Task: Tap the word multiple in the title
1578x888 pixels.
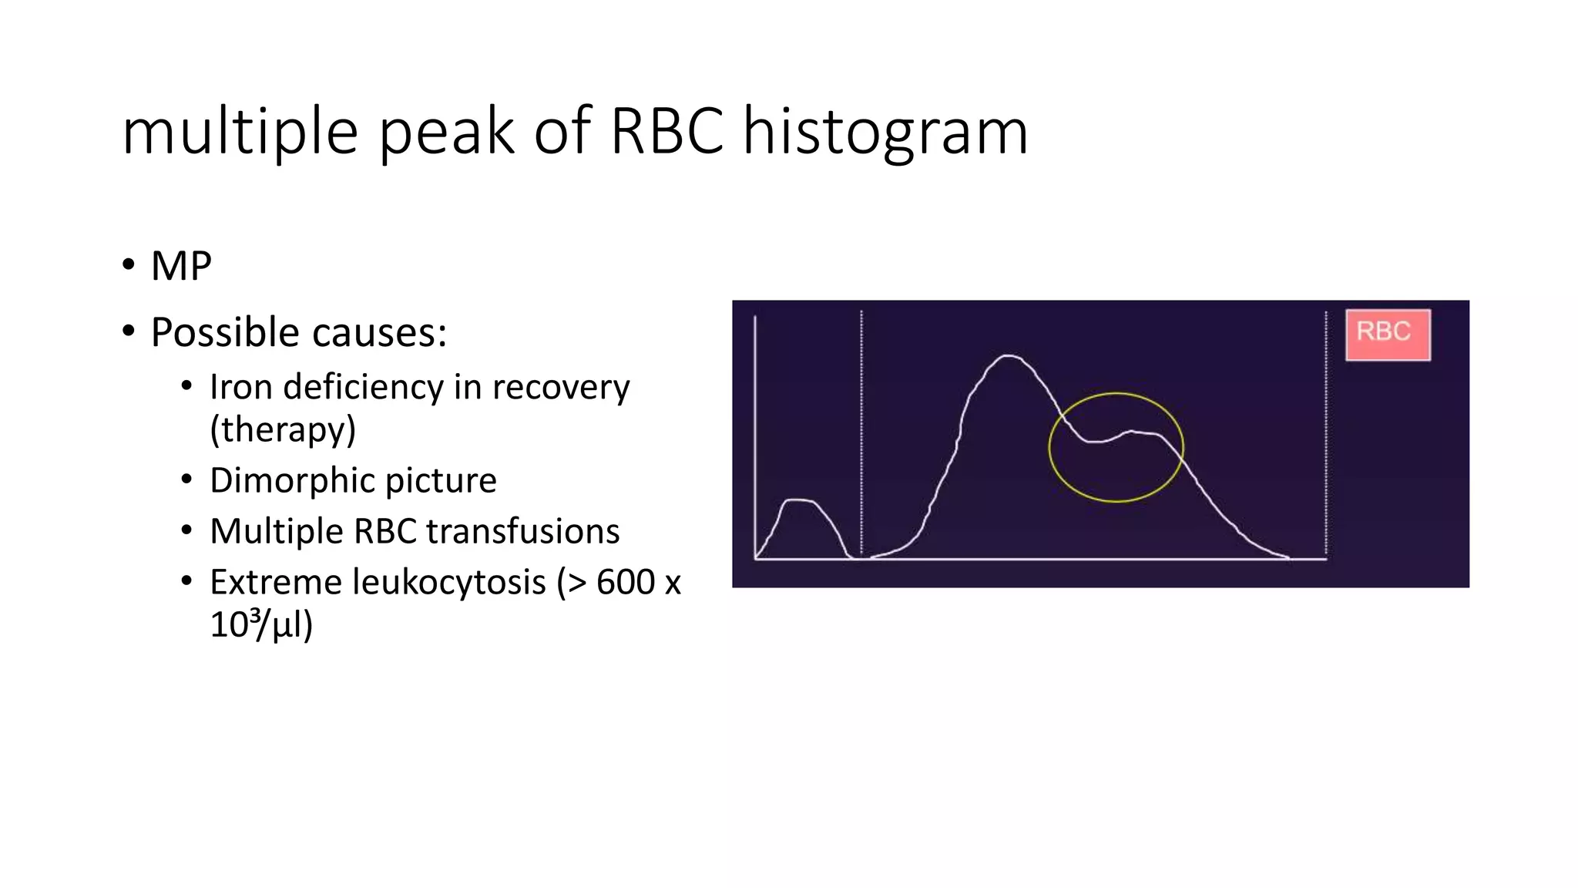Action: tap(240, 133)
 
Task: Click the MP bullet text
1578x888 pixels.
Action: tap(181, 267)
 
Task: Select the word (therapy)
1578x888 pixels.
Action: tap(283, 429)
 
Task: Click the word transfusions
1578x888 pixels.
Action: tap(522, 531)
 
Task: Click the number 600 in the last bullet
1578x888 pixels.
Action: tap(625, 582)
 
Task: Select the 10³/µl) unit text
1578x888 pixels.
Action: tap(260, 624)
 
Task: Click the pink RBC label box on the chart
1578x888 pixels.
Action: tap(1388, 335)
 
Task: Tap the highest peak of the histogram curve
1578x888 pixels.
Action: tap(1008, 356)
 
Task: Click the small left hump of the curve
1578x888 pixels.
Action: tap(799, 502)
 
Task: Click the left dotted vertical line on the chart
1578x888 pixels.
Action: tap(861, 432)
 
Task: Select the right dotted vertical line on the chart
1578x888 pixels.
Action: tap(1325, 432)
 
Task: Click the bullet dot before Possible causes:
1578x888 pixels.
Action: tap(128, 331)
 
